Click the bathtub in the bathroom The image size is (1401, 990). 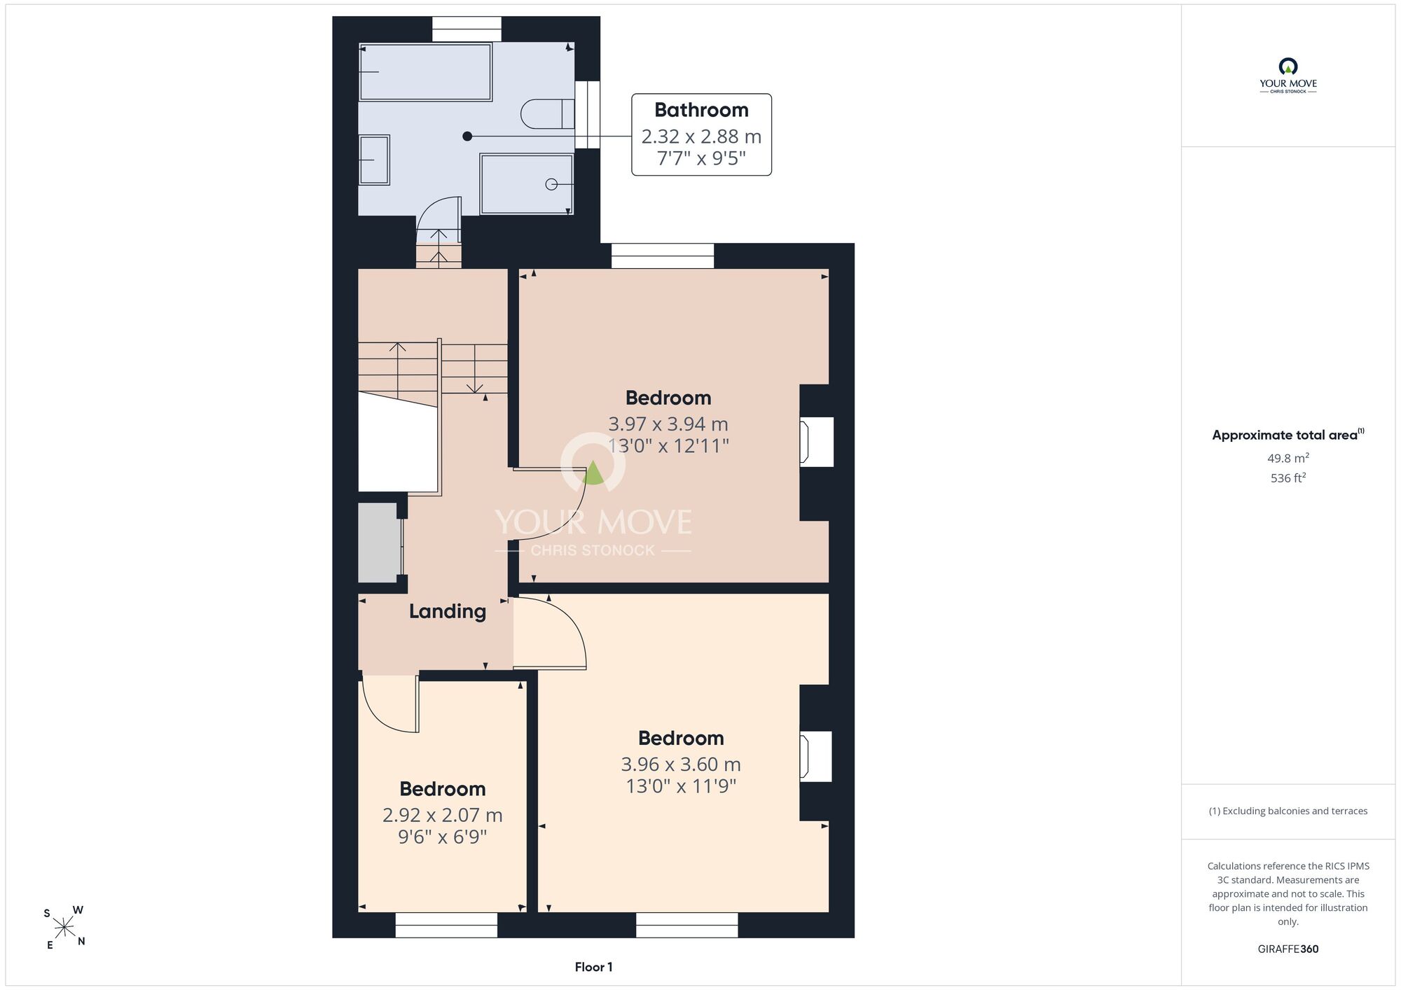[425, 72]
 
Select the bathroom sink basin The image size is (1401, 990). [374, 160]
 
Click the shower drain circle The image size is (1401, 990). [551, 184]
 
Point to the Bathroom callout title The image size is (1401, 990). [701, 110]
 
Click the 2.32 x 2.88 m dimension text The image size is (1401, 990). [701, 136]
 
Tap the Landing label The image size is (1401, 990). [448, 611]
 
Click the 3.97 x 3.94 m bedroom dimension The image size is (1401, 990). [668, 424]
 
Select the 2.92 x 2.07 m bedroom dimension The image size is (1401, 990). [443, 815]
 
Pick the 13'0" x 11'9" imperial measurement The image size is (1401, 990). [681, 786]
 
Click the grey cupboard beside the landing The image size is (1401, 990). [378, 543]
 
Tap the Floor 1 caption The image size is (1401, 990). [593, 967]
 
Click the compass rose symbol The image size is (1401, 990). [64, 928]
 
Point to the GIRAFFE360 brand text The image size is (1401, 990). [1288, 949]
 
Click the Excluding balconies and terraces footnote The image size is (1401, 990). [1288, 811]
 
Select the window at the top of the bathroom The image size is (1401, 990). [467, 29]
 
